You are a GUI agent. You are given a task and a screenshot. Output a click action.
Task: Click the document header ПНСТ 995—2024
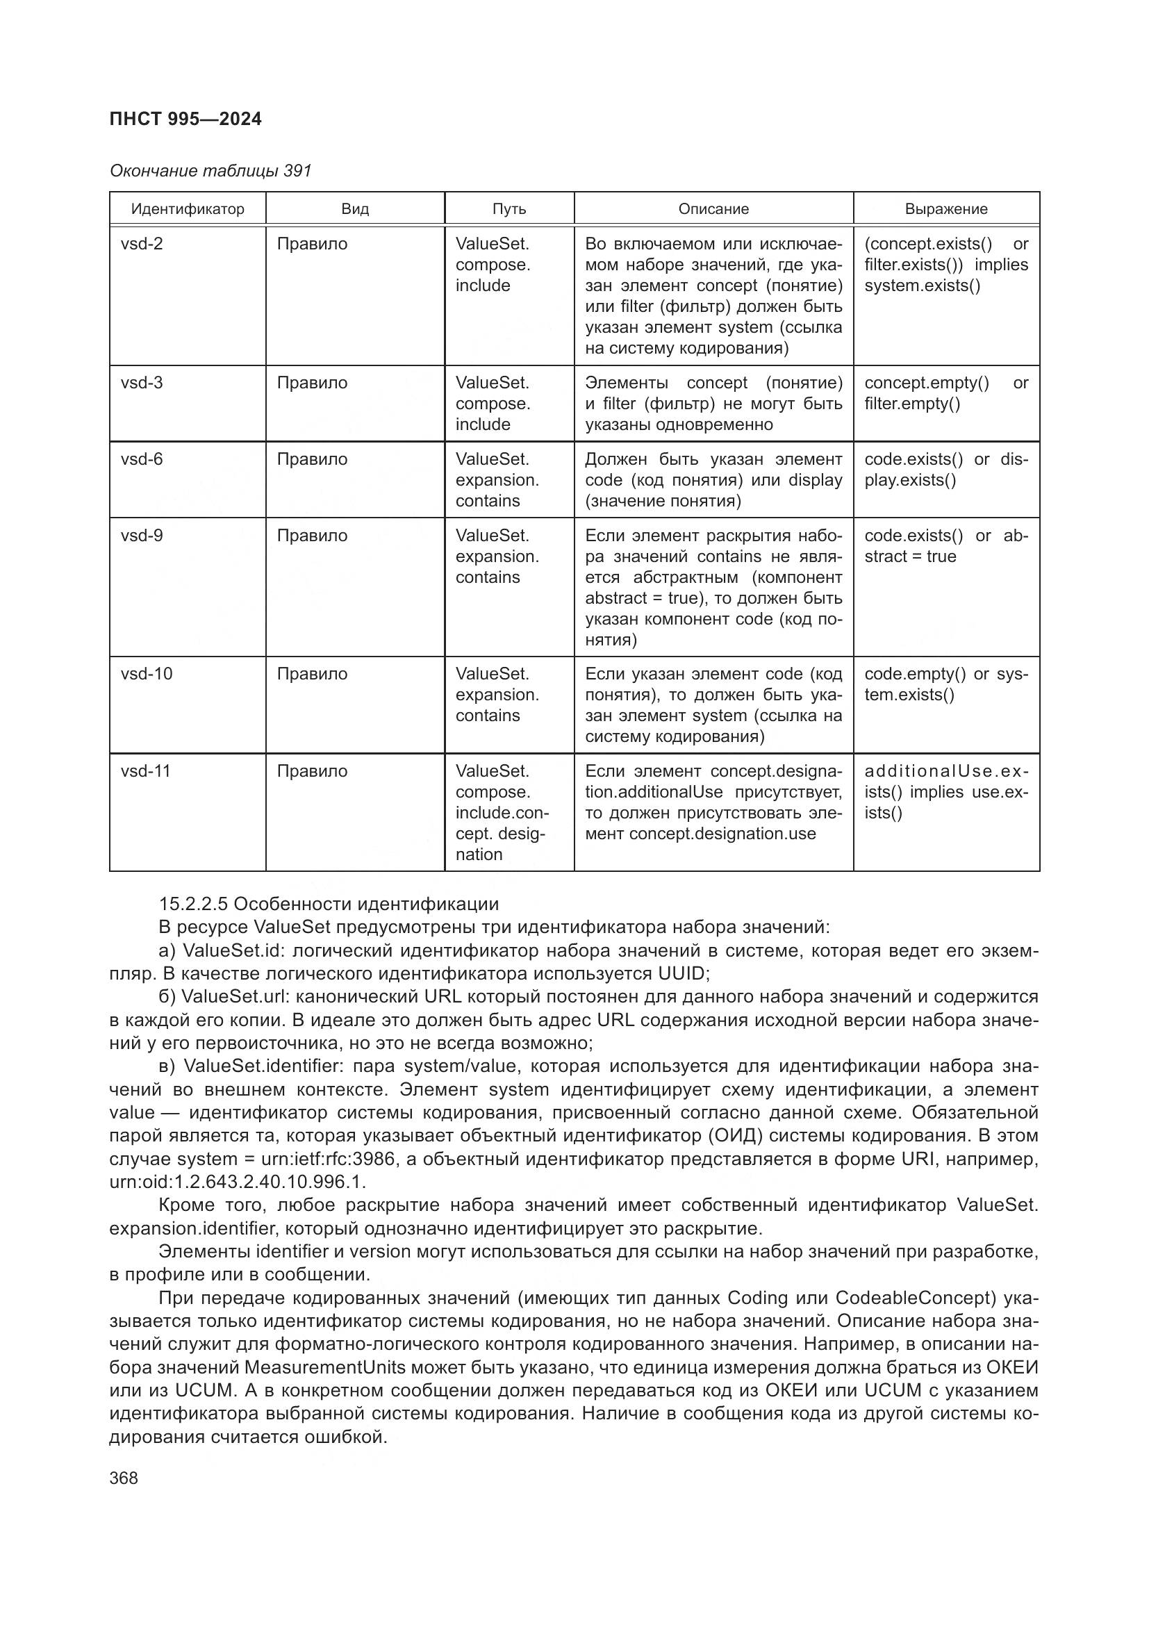pos(185,119)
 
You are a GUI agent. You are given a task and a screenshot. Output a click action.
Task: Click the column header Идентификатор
pos(188,209)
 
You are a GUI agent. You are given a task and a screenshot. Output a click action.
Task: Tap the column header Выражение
pos(946,209)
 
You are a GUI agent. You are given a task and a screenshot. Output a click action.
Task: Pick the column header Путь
pos(509,209)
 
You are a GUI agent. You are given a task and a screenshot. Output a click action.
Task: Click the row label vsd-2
pos(142,244)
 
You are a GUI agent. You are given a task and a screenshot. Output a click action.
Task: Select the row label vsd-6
pos(142,459)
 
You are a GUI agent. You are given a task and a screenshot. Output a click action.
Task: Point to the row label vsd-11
pos(146,770)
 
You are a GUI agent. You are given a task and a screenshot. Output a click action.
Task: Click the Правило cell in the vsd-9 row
pos(312,536)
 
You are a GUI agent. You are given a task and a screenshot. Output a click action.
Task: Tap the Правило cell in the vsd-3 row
pos(312,383)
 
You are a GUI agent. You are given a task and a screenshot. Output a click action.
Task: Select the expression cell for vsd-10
pos(946,684)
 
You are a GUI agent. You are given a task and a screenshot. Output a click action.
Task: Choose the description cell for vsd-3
pos(713,404)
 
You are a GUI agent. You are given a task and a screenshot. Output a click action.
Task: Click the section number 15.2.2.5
pos(193,904)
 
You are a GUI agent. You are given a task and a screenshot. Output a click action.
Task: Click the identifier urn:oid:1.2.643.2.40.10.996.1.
pos(238,1182)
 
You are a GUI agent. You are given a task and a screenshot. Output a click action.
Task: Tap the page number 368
pos(124,1478)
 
